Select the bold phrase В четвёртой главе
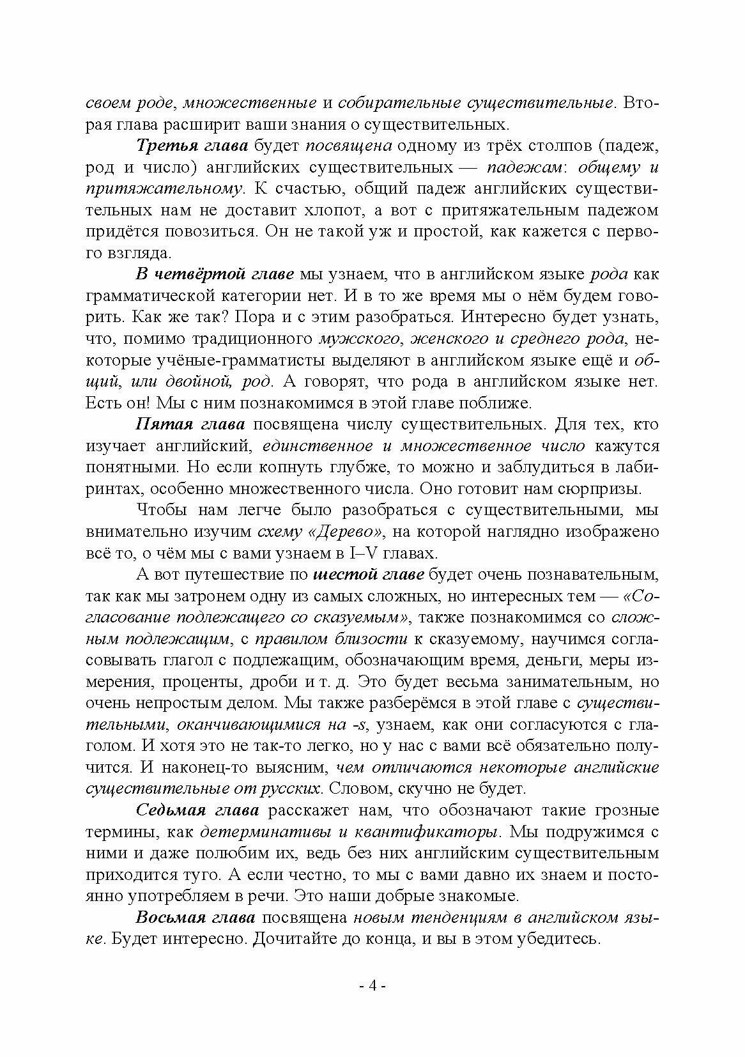[x=215, y=274]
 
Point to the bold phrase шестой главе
[x=369, y=575]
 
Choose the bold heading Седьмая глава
[x=197, y=811]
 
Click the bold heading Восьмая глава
[x=196, y=918]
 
